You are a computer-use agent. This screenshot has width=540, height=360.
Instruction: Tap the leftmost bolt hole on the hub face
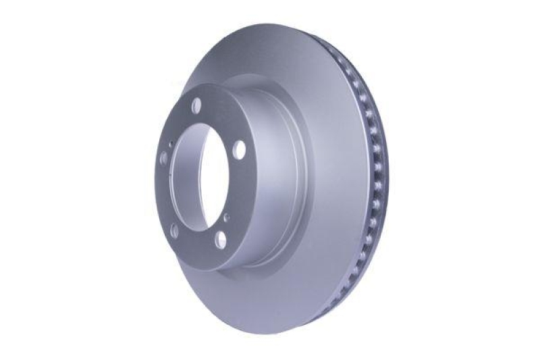163,159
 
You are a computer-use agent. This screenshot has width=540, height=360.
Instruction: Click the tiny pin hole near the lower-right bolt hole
226,217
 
